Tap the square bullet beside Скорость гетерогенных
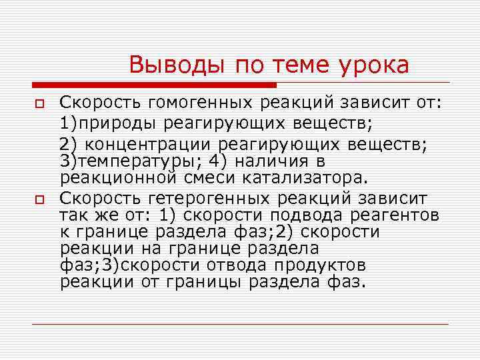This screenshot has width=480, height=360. [39, 199]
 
